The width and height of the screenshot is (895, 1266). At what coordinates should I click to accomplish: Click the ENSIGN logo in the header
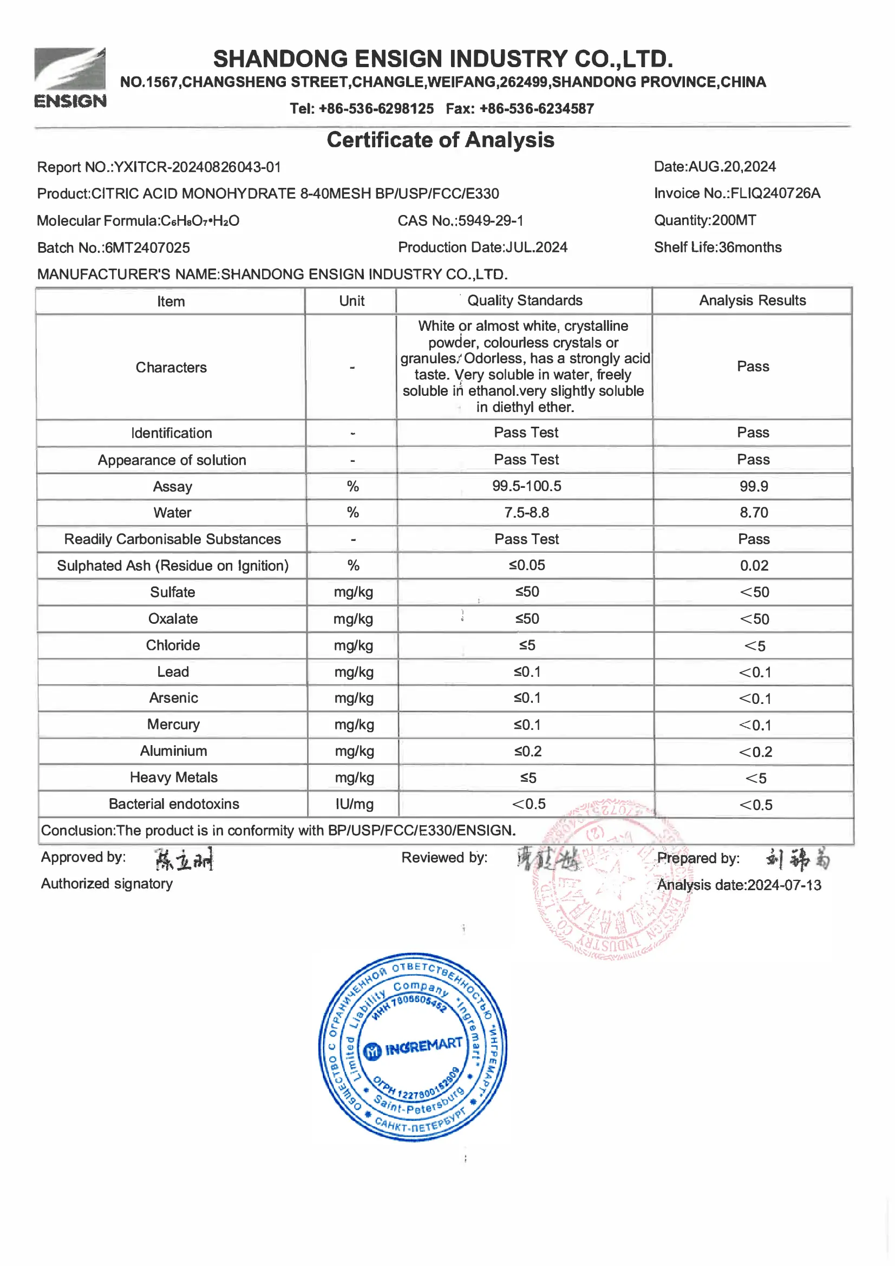(x=70, y=77)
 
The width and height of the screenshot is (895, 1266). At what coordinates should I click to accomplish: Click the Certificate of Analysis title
(x=440, y=140)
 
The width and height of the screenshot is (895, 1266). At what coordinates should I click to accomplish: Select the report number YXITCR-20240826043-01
(x=197, y=167)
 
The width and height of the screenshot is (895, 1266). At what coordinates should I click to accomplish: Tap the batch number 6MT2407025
(x=147, y=247)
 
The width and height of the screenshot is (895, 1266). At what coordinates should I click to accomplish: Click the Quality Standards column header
(x=525, y=301)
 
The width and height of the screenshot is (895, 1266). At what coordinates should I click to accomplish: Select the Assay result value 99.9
(x=753, y=486)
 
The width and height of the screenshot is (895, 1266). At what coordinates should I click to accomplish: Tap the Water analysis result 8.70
(x=753, y=513)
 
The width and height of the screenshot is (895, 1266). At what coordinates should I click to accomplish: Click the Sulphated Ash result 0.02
(x=754, y=566)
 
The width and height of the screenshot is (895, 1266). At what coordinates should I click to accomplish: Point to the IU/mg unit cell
(x=354, y=804)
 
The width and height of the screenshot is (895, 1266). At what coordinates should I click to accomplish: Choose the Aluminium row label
(x=173, y=751)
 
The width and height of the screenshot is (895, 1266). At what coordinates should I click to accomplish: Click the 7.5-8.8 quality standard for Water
(x=527, y=513)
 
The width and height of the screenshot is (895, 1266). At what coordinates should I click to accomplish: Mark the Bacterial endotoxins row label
(x=174, y=804)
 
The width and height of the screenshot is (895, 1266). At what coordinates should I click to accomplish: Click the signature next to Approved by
(x=183, y=859)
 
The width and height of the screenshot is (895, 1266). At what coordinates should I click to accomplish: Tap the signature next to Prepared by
(x=798, y=858)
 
